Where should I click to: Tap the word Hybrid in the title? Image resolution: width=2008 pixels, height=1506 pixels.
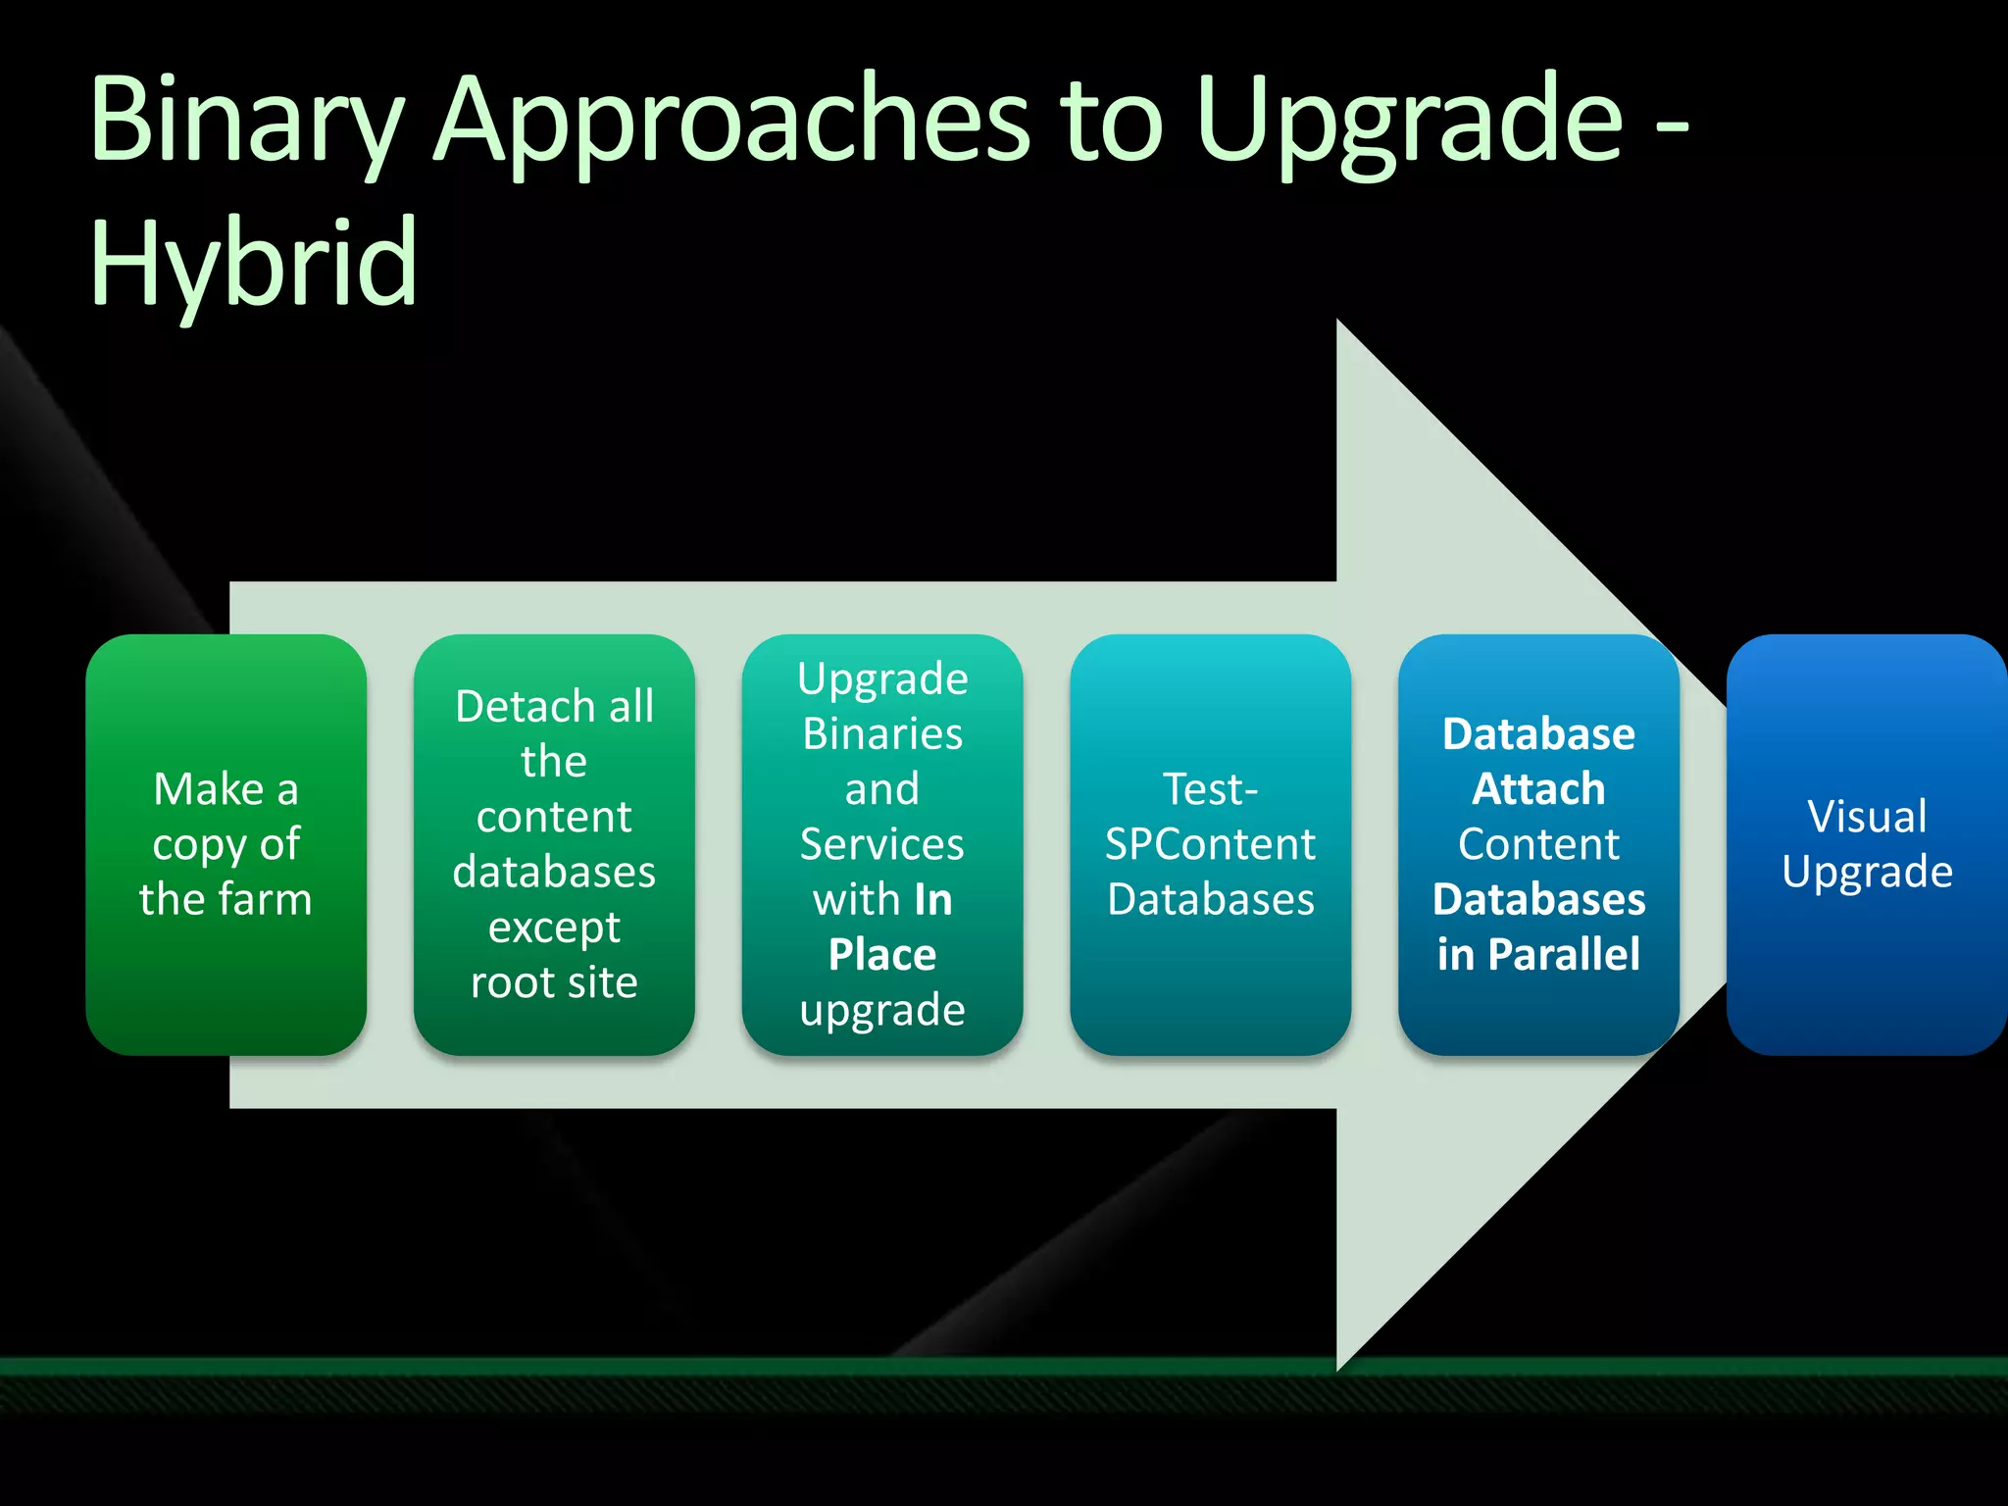(253, 263)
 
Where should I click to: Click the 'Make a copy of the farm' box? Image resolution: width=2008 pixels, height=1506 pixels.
(226, 844)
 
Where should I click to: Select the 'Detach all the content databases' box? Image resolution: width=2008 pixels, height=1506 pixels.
(554, 844)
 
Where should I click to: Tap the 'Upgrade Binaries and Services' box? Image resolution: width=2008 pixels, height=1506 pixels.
(882, 844)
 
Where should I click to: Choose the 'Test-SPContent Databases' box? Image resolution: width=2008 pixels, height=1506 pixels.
(1210, 844)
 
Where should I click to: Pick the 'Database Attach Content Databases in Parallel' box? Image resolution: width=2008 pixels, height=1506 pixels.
(1538, 844)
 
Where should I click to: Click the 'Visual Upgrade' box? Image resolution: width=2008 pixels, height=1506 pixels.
(1867, 844)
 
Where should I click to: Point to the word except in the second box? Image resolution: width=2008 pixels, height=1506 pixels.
(554, 928)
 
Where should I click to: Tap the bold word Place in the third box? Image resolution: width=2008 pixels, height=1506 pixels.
(882, 954)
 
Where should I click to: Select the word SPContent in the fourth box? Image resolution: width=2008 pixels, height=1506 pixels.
(1210, 844)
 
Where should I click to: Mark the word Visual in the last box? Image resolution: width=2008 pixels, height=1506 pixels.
(1867, 817)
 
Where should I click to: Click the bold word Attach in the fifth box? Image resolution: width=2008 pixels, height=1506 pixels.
(1538, 789)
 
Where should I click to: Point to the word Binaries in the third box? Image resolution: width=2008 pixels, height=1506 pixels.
(882, 734)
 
